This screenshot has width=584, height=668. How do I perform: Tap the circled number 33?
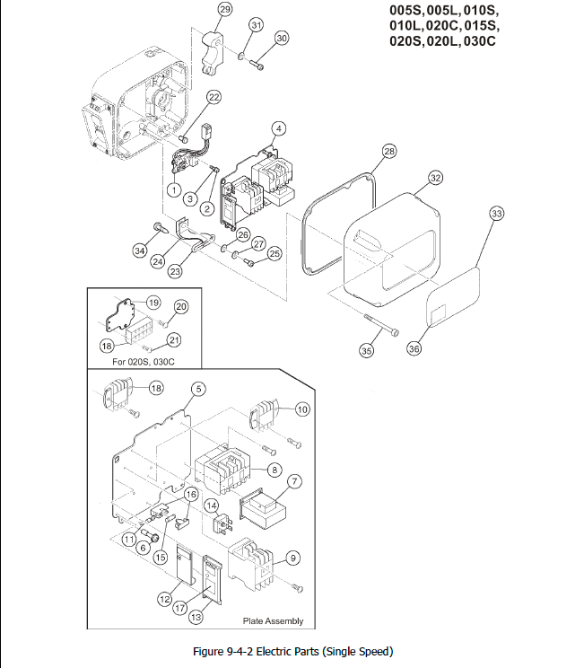point(497,213)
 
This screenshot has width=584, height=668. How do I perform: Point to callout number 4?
point(279,128)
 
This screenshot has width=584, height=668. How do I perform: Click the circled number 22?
point(214,96)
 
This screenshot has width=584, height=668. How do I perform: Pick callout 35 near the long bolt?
point(365,351)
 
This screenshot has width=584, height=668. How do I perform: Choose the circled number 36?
point(414,349)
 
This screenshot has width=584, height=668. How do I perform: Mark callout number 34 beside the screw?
point(140,250)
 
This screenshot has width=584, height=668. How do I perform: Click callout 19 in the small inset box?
point(153,303)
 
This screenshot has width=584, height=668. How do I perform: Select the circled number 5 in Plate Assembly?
point(197,389)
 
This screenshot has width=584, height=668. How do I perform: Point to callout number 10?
point(302,409)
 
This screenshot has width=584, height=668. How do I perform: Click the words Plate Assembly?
point(273,620)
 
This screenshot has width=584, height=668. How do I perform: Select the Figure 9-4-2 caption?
point(293,651)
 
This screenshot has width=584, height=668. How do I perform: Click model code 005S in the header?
point(405,10)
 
